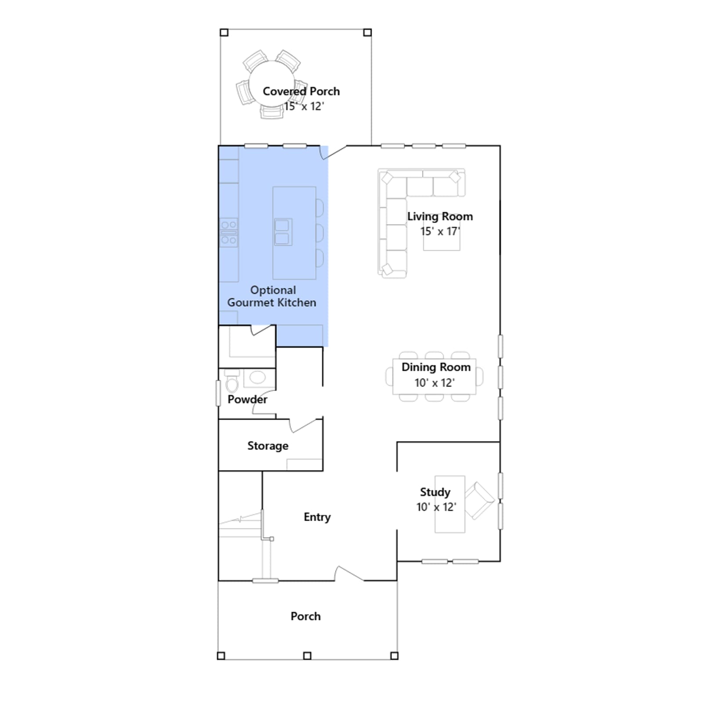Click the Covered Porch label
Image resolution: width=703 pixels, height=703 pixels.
301,91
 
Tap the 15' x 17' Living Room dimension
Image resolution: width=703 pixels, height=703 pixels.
440,232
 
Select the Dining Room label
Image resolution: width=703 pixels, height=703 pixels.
436,367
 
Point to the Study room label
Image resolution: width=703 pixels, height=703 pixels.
435,492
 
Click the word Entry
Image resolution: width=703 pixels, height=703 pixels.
317,517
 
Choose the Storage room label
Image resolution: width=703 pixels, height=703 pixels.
268,446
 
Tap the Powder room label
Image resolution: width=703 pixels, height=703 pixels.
247,399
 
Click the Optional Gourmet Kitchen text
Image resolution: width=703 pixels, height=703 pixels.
272,296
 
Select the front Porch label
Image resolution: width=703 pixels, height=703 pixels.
305,616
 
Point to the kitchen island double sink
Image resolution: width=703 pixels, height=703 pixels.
283,232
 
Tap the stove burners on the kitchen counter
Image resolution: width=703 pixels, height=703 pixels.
229,232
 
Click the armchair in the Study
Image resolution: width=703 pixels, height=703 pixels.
479,500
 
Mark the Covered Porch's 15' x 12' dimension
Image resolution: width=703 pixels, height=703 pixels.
304,106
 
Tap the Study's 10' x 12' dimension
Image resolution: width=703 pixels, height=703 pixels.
436,507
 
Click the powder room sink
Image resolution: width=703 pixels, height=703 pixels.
257,377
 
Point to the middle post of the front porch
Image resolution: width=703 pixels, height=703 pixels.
307,656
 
